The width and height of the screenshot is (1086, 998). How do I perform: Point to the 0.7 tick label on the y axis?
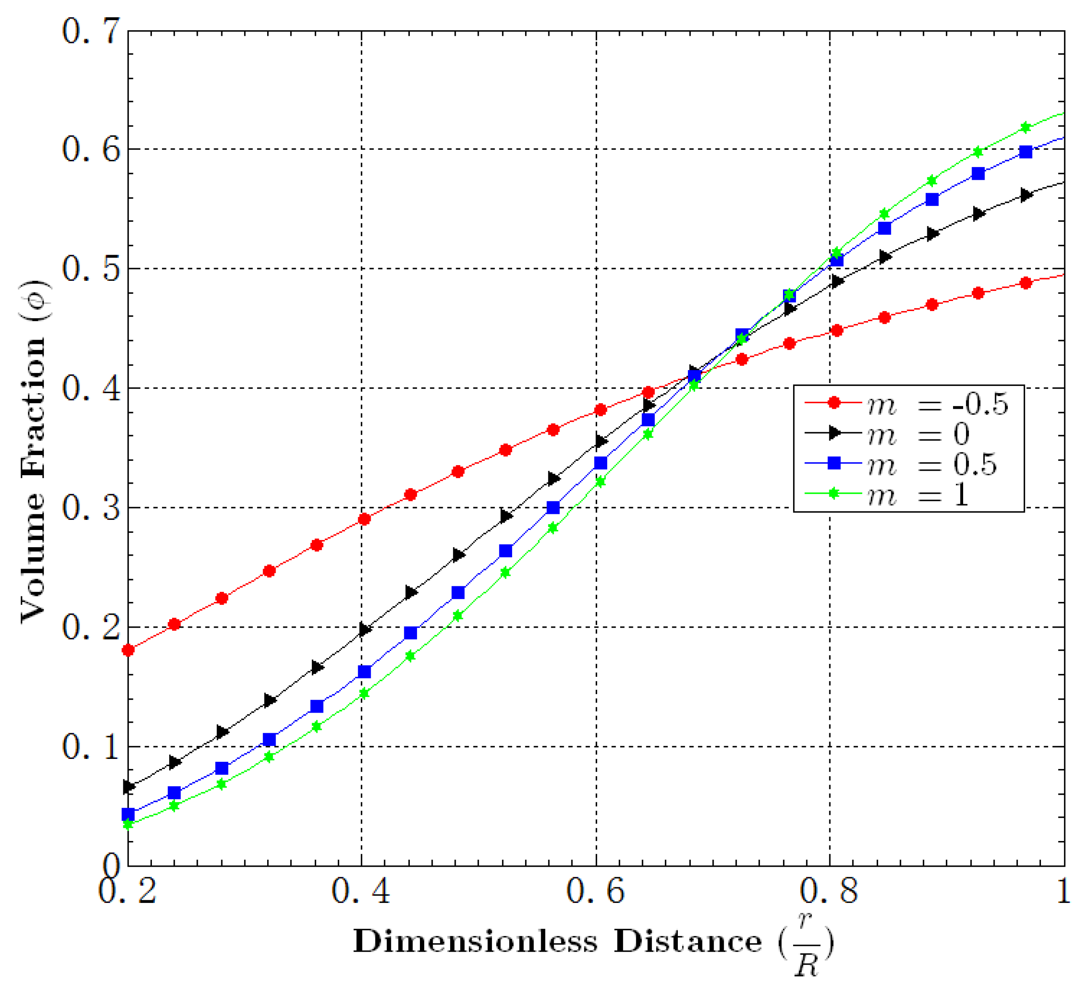pos(90,31)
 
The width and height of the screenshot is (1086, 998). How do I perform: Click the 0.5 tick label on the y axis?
pos(90,269)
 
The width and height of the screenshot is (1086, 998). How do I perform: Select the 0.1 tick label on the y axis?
pos(90,747)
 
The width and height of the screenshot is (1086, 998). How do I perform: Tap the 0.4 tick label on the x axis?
pos(361,891)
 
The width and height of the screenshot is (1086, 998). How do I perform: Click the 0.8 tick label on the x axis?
pos(828,891)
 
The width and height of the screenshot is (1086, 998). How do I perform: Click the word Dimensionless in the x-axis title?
pos(475,942)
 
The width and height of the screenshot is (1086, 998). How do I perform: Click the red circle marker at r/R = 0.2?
pos(128,650)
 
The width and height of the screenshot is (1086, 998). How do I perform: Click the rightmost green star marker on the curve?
pos(1025,128)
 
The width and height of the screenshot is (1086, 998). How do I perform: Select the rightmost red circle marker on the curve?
pos(1025,283)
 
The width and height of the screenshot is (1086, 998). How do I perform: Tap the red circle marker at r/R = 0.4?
pos(364,519)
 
